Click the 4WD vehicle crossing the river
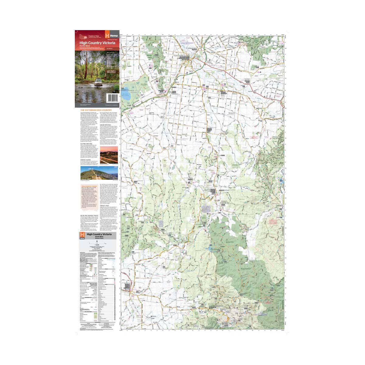(98, 82)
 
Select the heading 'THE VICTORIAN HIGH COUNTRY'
(96, 110)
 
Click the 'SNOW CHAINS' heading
(86, 159)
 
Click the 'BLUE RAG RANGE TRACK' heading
(90, 215)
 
